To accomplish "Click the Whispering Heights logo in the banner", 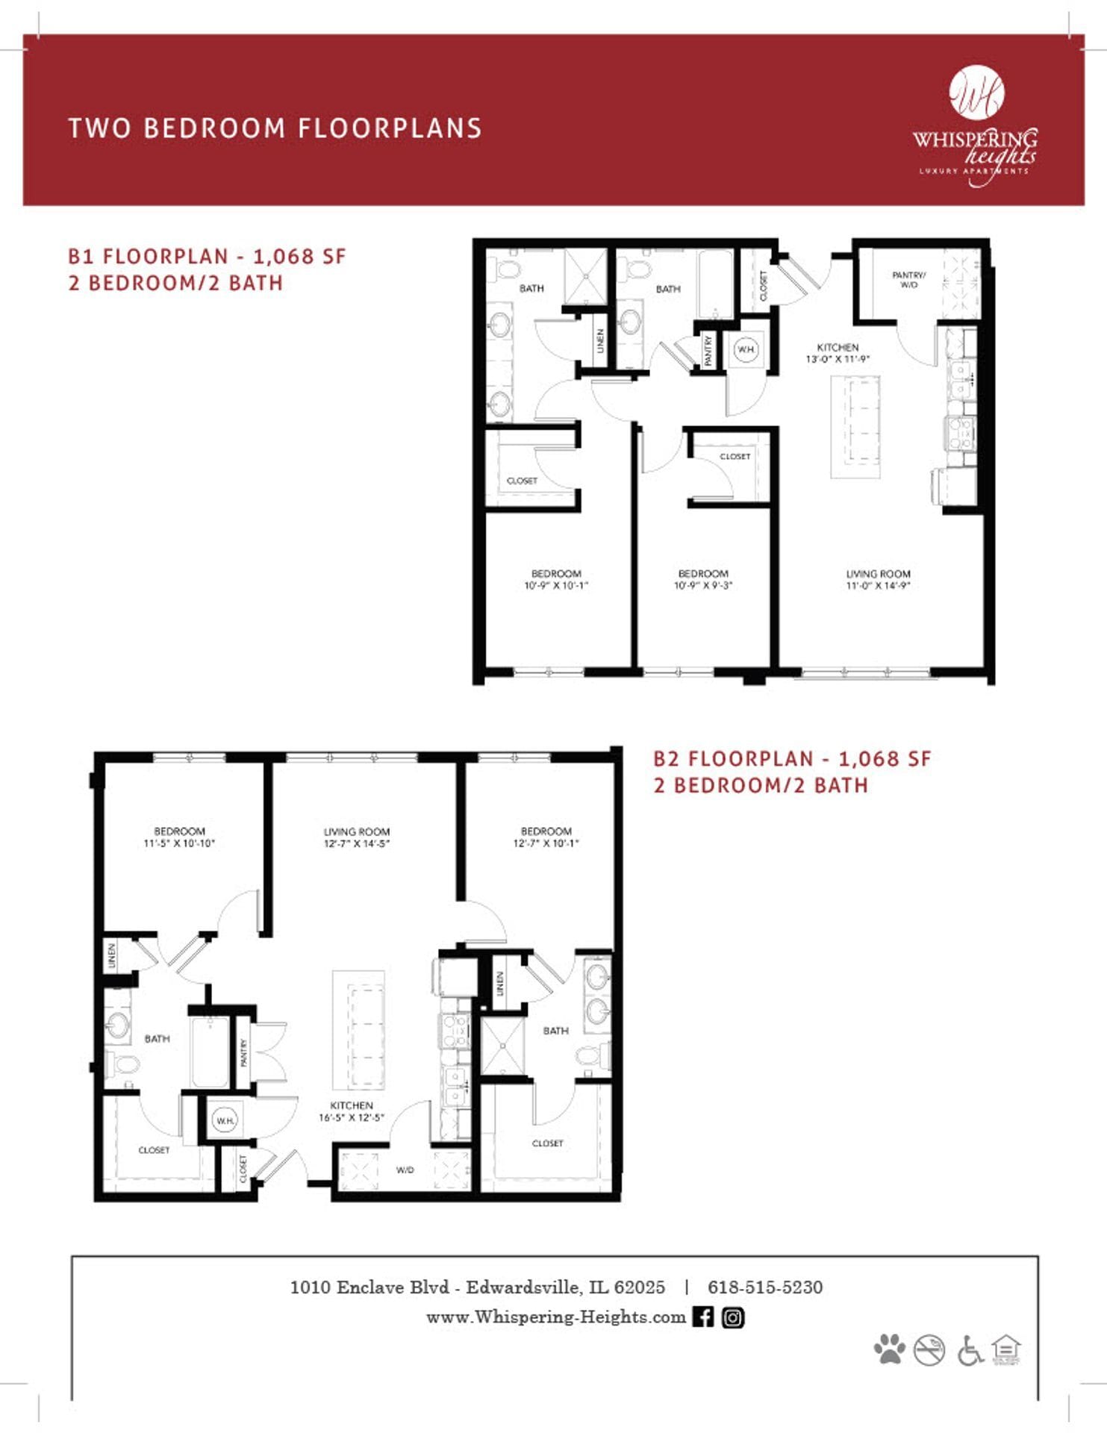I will pos(975,126).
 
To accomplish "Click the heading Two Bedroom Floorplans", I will pos(275,128).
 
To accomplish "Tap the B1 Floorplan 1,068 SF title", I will pos(207,257).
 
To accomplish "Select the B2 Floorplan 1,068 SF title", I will pos(792,759).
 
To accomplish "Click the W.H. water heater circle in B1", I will pos(746,349).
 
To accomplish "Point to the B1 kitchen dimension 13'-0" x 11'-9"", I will pos(837,359).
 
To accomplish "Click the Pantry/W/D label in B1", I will pos(908,280).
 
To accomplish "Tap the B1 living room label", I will pos(878,574).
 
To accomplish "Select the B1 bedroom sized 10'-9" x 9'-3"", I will pos(702,580).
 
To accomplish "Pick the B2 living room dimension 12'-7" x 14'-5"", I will pos(356,843).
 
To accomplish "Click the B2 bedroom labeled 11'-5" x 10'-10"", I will pos(179,837).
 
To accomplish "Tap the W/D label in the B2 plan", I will pos(405,1170).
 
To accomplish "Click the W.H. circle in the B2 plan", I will pos(224,1120).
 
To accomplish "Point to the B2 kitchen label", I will pos(351,1105).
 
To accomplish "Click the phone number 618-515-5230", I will pos(764,1287).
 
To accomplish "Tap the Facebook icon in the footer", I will pos(702,1317).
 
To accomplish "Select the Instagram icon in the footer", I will pos(733,1317).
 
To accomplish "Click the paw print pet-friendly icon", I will pos(889,1349).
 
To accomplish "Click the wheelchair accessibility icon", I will pos(970,1350).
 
